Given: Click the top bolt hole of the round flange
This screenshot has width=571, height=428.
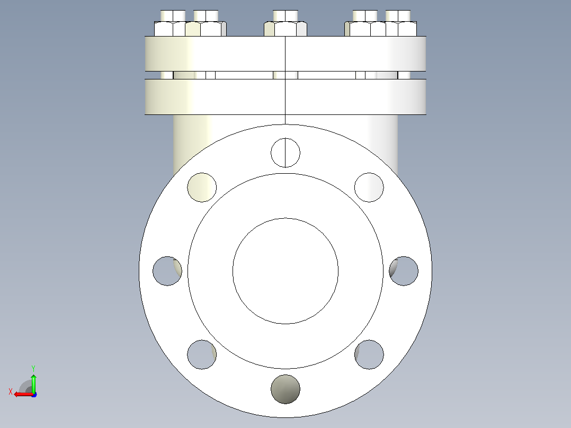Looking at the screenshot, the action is point(285,153).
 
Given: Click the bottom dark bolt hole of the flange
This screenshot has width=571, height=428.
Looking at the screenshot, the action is point(285,389).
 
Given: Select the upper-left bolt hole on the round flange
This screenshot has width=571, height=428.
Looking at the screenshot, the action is point(202,187).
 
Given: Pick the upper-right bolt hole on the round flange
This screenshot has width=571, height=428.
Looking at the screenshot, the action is point(369,187).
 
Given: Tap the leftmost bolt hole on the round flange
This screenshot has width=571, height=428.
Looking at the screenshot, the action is point(167,271).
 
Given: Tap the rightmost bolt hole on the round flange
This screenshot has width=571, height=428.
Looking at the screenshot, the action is point(404,271).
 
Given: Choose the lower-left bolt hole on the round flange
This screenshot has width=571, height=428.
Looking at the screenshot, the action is point(202,354).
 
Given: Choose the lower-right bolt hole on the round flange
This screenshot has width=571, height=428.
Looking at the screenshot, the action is point(369,354).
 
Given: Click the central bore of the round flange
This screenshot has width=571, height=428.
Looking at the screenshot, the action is point(285,271).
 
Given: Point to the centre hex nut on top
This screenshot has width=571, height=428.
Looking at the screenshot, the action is point(285,29).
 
